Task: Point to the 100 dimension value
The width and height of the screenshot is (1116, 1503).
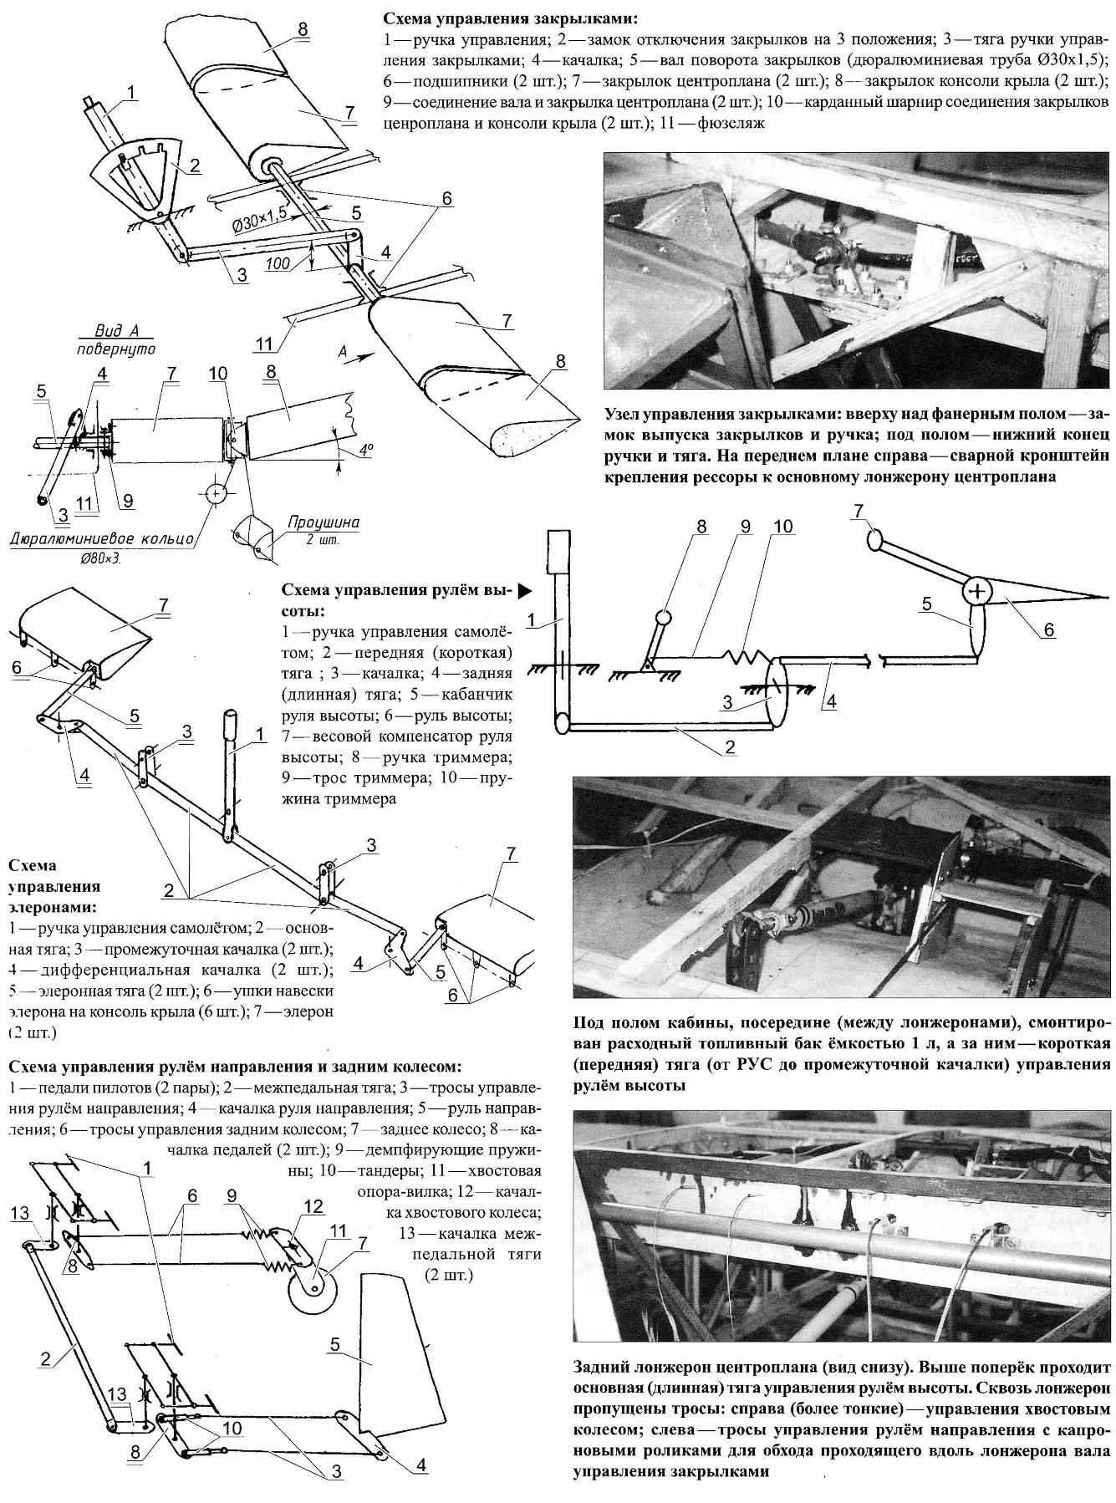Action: pyautogui.click(x=280, y=263)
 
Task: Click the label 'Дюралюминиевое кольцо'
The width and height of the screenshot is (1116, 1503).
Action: pyautogui.click(x=101, y=539)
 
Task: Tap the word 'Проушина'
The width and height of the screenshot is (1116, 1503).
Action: pyautogui.click(x=324, y=523)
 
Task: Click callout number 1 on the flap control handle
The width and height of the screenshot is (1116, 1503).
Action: pyautogui.click(x=131, y=91)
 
